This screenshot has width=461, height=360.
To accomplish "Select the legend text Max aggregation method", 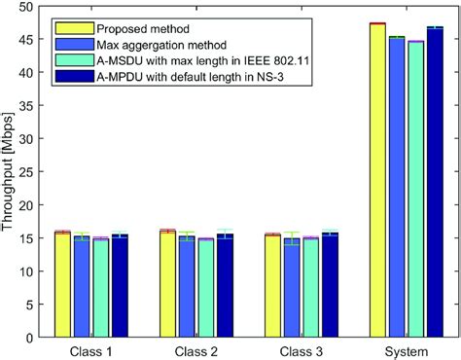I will (x=159, y=44).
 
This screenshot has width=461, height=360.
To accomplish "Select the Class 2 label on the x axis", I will (x=195, y=351).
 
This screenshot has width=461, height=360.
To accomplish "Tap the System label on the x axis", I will (x=406, y=351).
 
